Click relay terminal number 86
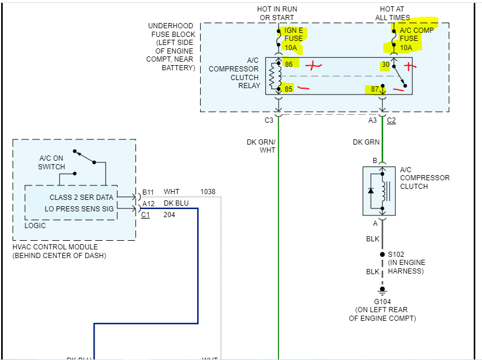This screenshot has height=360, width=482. pyautogui.click(x=289, y=64)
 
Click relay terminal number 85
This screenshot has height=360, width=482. pyautogui.click(x=288, y=89)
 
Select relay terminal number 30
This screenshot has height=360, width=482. pyautogui.click(x=386, y=65)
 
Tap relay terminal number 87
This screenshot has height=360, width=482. pyautogui.click(x=374, y=89)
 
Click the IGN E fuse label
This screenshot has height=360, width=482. pyautogui.click(x=293, y=39)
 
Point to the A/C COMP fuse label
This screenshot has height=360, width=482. pyautogui.click(x=416, y=39)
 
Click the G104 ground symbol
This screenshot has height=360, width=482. pyautogui.click(x=382, y=291)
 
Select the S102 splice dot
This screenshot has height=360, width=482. pyautogui.click(x=382, y=255)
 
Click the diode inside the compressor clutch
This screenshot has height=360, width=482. pyautogui.click(x=371, y=191)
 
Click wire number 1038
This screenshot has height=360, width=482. pyautogui.click(x=208, y=192)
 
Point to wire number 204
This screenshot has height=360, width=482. pyautogui.click(x=169, y=215)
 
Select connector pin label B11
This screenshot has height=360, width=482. pyautogui.click(x=148, y=192)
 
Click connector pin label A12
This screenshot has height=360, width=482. pyautogui.click(x=149, y=204)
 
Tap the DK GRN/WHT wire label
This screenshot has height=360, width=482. pyautogui.click(x=261, y=146)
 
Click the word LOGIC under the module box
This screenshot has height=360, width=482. pyautogui.click(x=35, y=225)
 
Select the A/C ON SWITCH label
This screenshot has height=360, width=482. pyautogui.click(x=51, y=162)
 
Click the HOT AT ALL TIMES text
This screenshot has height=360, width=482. pyautogui.click(x=393, y=13)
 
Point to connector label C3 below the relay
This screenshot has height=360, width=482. pyautogui.click(x=269, y=120)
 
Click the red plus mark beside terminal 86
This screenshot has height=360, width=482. pyautogui.click(x=313, y=66)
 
